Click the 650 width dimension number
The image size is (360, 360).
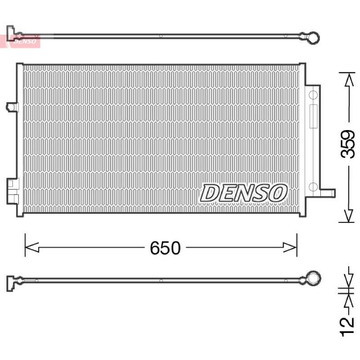click(165, 248)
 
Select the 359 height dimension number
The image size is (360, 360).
click(347, 144)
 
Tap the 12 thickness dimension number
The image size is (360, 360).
click(347, 327)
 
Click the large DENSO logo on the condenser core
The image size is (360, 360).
click(243, 193)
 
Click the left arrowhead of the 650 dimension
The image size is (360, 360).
click(31, 247)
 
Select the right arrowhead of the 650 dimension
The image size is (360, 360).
click(290, 247)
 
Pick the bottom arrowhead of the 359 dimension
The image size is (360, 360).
click(349, 216)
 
